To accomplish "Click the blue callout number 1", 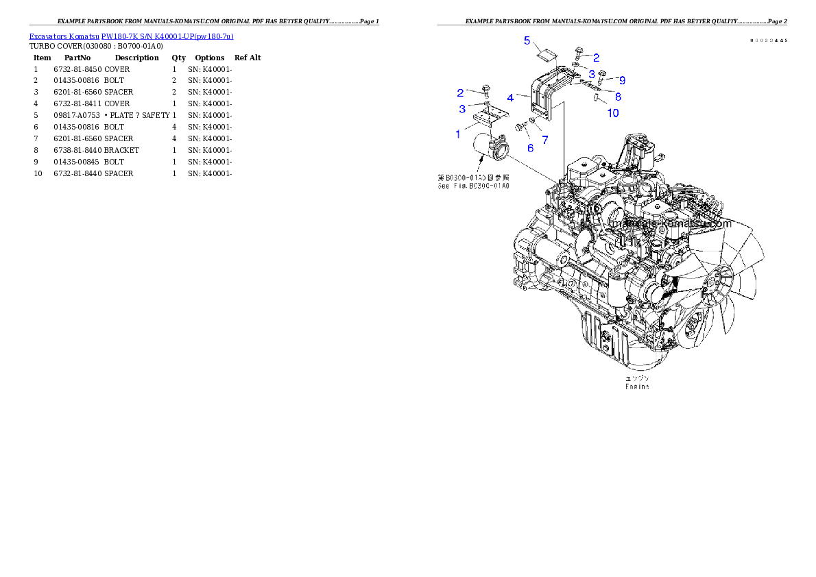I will pos(458,134).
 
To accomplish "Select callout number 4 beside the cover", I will pos(510,98).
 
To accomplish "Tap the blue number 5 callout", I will pos(527,40).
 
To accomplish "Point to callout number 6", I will pos(530,148).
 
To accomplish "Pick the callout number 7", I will pos(545,140).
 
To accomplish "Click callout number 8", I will pos(618,97).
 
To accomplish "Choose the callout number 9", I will pos(622,80).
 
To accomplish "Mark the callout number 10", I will pos(613,112).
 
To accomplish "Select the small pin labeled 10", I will pos(597,97).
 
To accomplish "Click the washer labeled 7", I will pos(533,120).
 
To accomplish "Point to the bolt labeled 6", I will pos(520,125).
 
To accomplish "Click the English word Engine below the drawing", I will pos(637,386).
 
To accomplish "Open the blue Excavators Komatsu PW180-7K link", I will pos(131,36).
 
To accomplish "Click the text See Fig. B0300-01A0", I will pos(473,186).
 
